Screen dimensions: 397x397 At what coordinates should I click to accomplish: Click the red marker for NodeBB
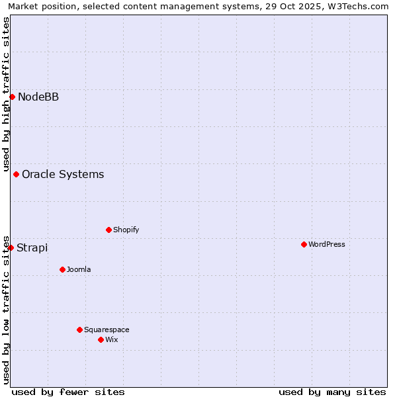tap(12, 97)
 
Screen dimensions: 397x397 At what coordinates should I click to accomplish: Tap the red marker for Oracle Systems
tap(16, 174)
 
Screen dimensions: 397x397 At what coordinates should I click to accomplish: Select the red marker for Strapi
tap(11, 247)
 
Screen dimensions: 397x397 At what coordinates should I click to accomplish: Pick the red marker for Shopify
tap(109, 230)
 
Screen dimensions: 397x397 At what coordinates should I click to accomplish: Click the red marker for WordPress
tap(304, 244)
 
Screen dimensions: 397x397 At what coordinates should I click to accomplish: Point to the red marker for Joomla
tap(62, 269)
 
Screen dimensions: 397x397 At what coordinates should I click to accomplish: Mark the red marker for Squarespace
tap(79, 330)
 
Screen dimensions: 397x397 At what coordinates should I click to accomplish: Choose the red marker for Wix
tap(101, 339)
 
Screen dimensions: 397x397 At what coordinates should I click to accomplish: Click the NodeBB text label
tap(38, 97)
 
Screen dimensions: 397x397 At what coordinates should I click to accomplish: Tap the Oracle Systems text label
tap(63, 175)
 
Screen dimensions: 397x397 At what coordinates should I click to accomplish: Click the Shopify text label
tap(126, 230)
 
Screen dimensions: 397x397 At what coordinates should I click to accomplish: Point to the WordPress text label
tap(326, 245)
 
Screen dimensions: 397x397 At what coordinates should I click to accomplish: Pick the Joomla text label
tap(79, 270)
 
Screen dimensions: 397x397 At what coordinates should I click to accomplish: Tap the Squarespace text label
tap(107, 330)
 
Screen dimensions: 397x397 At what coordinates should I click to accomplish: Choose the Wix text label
tap(111, 340)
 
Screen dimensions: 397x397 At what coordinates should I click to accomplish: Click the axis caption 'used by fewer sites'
tap(68, 392)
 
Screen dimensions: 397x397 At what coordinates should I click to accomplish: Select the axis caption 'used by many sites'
tap(332, 392)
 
